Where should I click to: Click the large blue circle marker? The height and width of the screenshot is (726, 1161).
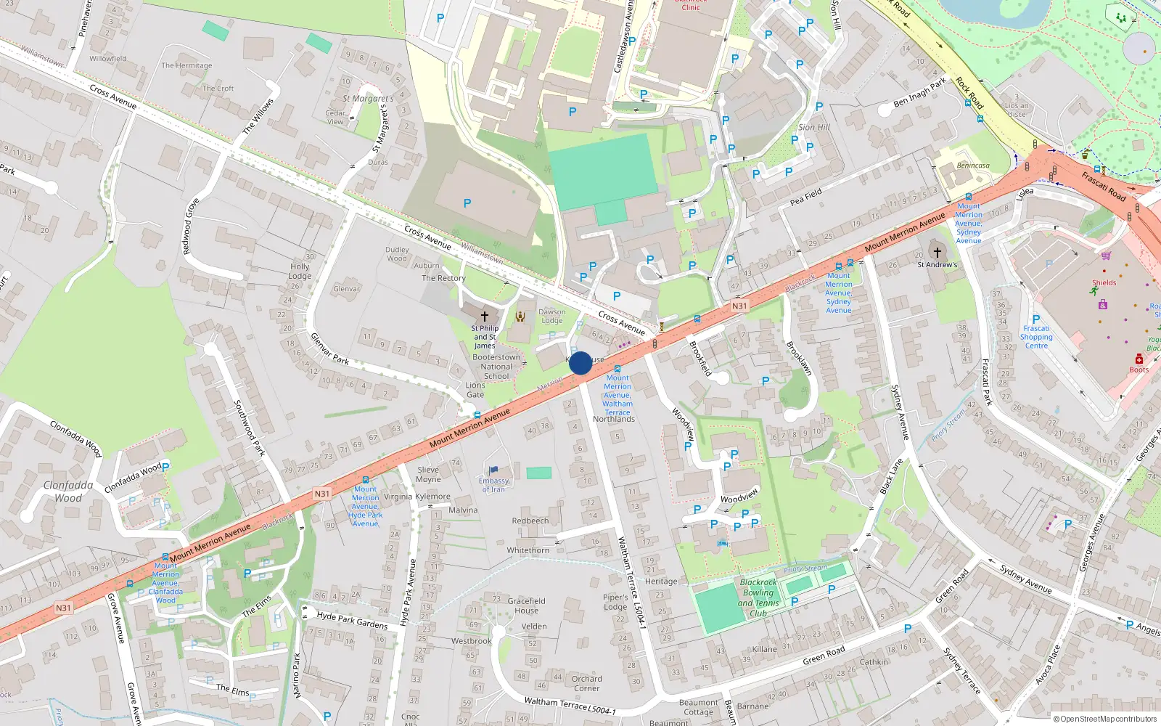(x=580, y=363)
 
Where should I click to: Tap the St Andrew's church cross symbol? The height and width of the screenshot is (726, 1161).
(x=937, y=253)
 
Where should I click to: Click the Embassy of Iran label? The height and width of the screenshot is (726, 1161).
(x=493, y=485)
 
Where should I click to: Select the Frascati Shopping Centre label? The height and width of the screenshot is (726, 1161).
(x=1036, y=337)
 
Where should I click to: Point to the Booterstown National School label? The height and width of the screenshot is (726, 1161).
(x=496, y=367)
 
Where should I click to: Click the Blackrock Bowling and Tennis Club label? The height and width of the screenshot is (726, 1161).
(x=758, y=597)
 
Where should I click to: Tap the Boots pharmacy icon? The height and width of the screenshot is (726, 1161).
(x=1139, y=359)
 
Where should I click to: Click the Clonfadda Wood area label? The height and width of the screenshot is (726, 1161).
(x=68, y=492)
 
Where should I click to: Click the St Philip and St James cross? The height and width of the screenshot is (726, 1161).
(x=485, y=317)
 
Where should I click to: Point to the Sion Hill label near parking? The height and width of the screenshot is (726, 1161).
(x=813, y=127)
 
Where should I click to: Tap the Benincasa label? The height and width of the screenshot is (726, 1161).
(x=973, y=166)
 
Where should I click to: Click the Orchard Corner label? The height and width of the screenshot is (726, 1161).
(x=586, y=683)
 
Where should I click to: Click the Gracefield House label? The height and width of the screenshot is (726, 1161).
(x=526, y=605)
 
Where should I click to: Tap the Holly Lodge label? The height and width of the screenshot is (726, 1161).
(x=300, y=271)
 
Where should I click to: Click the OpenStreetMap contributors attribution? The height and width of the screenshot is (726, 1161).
(x=1104, y=719)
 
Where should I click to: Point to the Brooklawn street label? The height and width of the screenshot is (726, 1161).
(x=799, y=357)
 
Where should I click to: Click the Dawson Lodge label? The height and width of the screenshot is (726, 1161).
(x=551, y=317)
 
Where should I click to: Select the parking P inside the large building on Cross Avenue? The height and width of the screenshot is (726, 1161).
(x=467, y=203)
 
